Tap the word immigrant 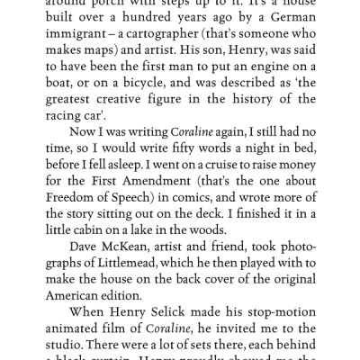tap(81, 38)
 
